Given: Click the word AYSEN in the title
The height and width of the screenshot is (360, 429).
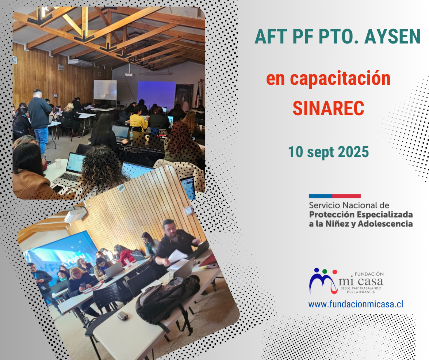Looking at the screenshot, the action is [x=392, y=37].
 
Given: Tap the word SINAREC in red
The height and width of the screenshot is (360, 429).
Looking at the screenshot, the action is [x=328, y=108].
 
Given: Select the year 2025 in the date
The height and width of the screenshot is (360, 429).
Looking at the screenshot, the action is [x=353, y=152].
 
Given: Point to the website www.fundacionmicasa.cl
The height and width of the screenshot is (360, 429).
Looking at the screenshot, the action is [x=356, y=304].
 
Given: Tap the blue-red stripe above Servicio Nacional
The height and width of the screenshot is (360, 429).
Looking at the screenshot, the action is [x=334, y=196].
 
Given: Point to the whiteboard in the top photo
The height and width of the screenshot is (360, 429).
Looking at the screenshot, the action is [x=105, y=90].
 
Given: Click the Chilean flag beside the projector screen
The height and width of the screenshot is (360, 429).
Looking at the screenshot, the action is [x=197, y=94].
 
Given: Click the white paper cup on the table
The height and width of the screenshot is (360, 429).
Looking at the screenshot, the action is [x=58, y=163].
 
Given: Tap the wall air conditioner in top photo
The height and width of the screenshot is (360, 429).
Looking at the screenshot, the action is [x=80, y=63].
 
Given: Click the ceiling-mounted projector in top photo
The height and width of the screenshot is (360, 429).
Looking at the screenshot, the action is [x=129, y=74].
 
